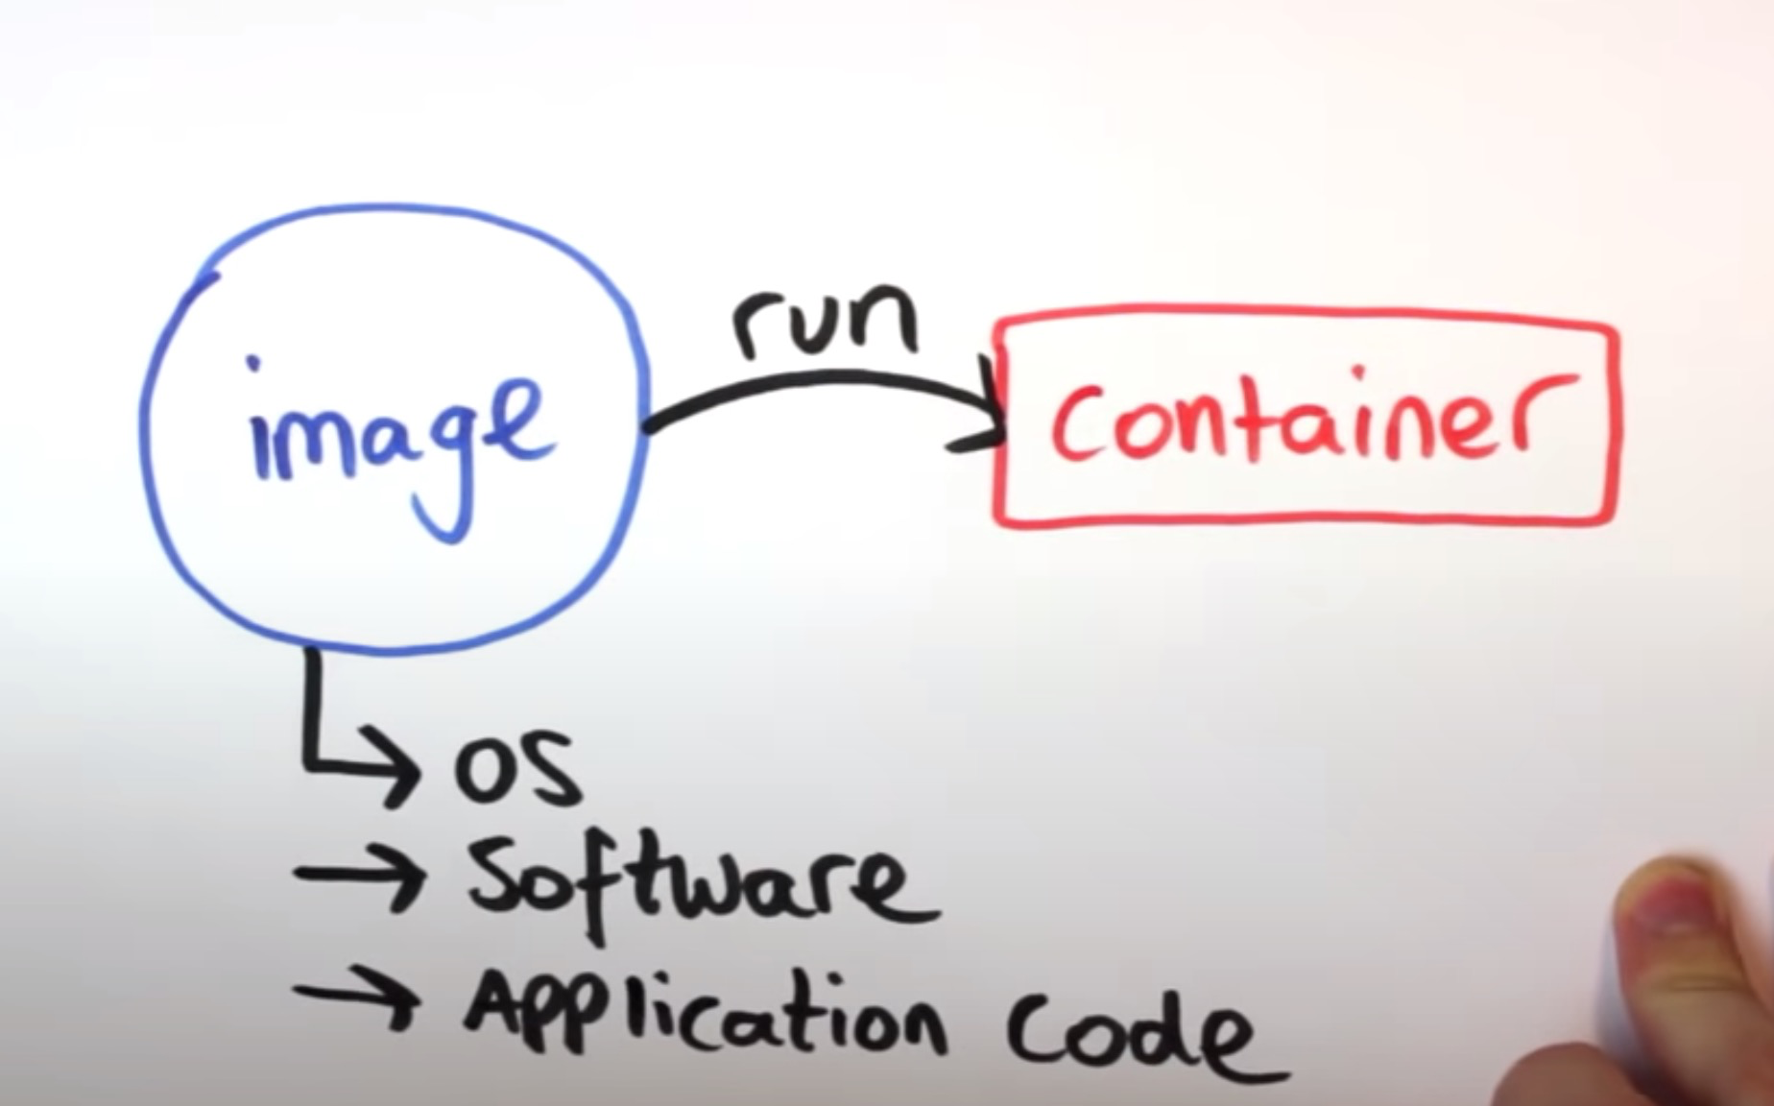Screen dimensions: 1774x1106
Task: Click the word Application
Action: tap(706, 1018)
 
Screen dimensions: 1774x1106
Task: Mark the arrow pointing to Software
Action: tap(360, 876)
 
